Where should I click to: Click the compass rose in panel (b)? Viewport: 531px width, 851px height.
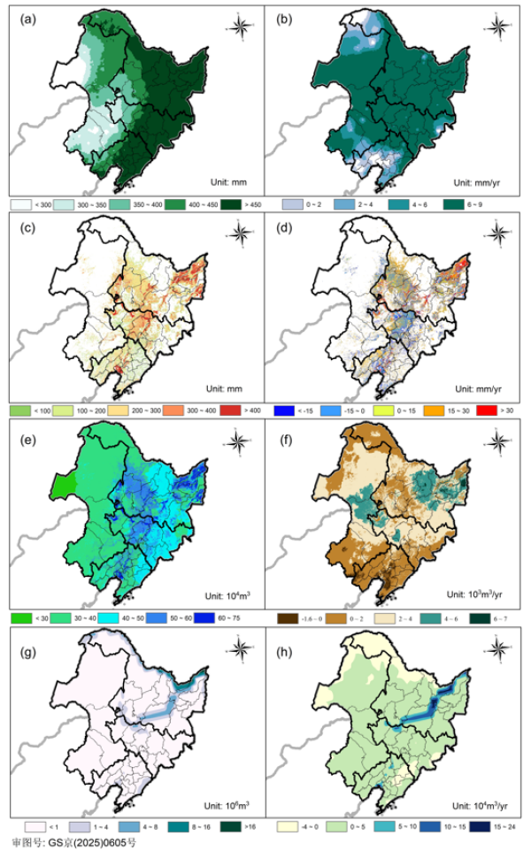(x=497, y=27)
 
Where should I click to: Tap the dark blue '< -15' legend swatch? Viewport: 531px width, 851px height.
(x=286, y=411)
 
